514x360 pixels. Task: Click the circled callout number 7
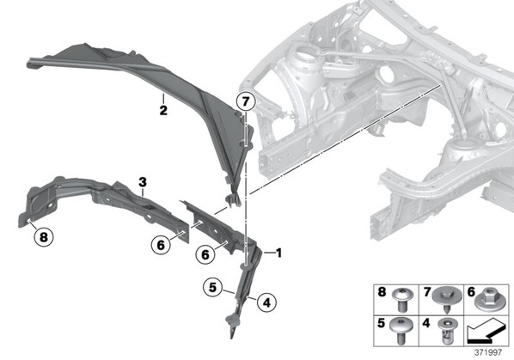click(x=246, y=101)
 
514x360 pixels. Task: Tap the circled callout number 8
click(x=44, y=236)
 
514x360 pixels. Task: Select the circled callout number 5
click(x=213, y=287)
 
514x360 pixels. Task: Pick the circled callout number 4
click(x=266, y=302)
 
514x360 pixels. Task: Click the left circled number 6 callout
click(x=161, y=244)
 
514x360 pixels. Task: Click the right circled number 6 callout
click(x=205, y=254)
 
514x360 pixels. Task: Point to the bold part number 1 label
click(x=278, y=253)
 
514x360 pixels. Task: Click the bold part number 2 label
click(x=163, y=110)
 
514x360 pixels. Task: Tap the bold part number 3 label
click(x=143, y=182)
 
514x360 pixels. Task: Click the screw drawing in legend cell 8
click(x=401, y=300)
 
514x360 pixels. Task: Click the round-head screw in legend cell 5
click(x=401, y=330)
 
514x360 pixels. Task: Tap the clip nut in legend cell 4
click(x=446, y=331)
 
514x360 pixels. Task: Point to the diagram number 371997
click(x=488, y=352)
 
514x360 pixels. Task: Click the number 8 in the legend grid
click(x=382, y=291)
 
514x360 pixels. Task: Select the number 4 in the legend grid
click(x=425, y=323)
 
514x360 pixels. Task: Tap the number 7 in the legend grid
click(x=426, y=291)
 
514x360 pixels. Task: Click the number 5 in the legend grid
click(x=381, y=323)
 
